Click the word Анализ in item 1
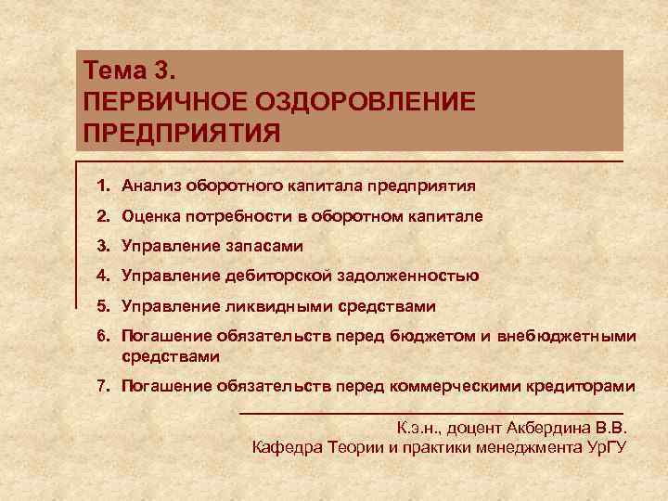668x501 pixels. pyautogui.click(x=152, y=186)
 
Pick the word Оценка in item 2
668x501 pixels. pyautogui.click(x=153, y=215)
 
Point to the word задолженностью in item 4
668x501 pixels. pyautogui.click(x=413, y=276)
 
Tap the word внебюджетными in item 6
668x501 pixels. pyautogui.click(x=567, y=336)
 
